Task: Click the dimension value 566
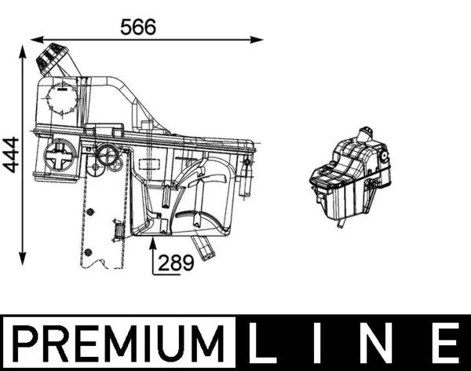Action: pos(138,26)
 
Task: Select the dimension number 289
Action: pos(177,263)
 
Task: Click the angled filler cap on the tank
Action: pos(53,59)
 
